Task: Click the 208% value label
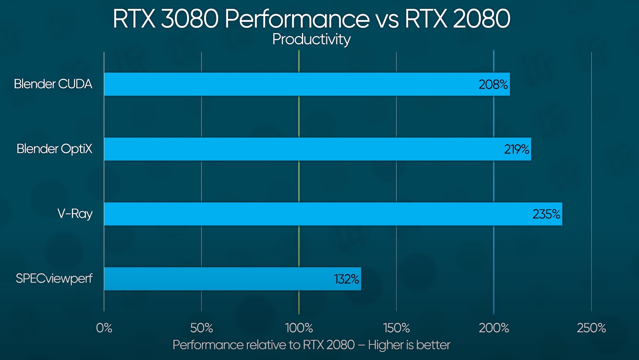[493, 85]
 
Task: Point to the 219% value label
[516, 149]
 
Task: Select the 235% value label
[546, 214]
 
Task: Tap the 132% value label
[346, 279]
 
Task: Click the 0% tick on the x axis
[104, 328]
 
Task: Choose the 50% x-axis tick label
[202, 328]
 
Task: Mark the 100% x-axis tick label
[299, 328]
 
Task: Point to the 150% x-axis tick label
[397, 328]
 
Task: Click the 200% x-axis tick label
[494, 328]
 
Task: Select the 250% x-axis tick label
[591, 328]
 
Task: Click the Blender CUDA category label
[53, 84]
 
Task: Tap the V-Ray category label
[75, 214]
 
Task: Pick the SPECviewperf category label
[54, 278]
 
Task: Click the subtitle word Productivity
[312, 39]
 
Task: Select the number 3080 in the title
[190, 18]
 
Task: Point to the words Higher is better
[409, 345]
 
